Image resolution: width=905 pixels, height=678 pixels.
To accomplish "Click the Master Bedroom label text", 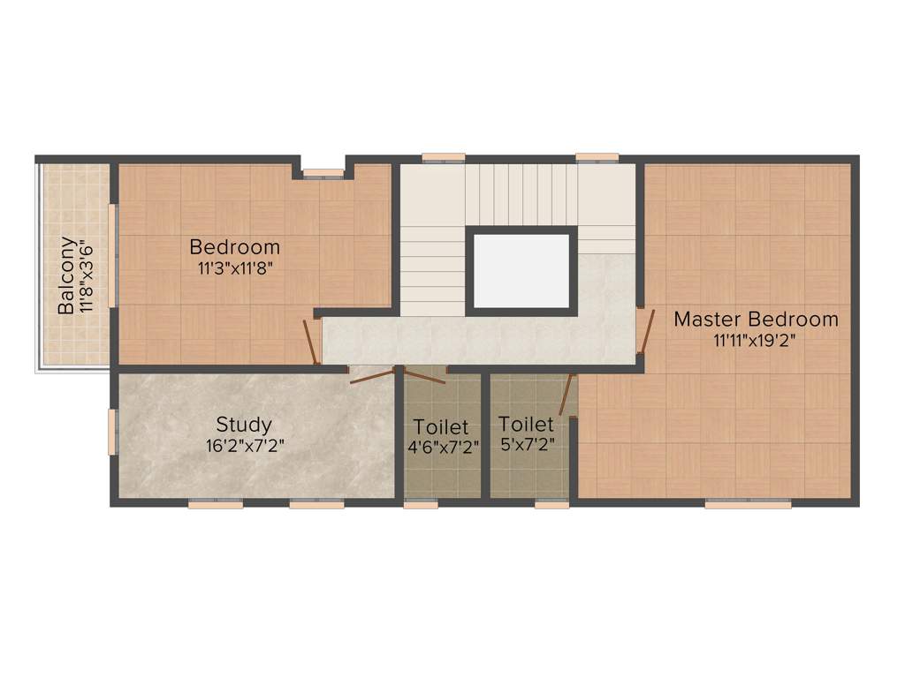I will coord(756,319).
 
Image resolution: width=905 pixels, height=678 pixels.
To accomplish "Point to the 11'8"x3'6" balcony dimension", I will coord(86,275).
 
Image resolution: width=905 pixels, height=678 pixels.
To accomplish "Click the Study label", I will coord(244,425).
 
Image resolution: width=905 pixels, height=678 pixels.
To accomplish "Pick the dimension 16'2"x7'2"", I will coord(244,447).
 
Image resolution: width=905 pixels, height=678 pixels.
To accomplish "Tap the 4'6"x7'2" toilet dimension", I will coord(443,448).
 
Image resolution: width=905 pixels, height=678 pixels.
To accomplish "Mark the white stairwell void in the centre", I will coord(521,270).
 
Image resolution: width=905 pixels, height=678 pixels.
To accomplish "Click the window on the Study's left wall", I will coord(112,432).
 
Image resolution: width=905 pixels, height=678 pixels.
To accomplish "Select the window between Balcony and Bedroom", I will coord(112,255).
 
